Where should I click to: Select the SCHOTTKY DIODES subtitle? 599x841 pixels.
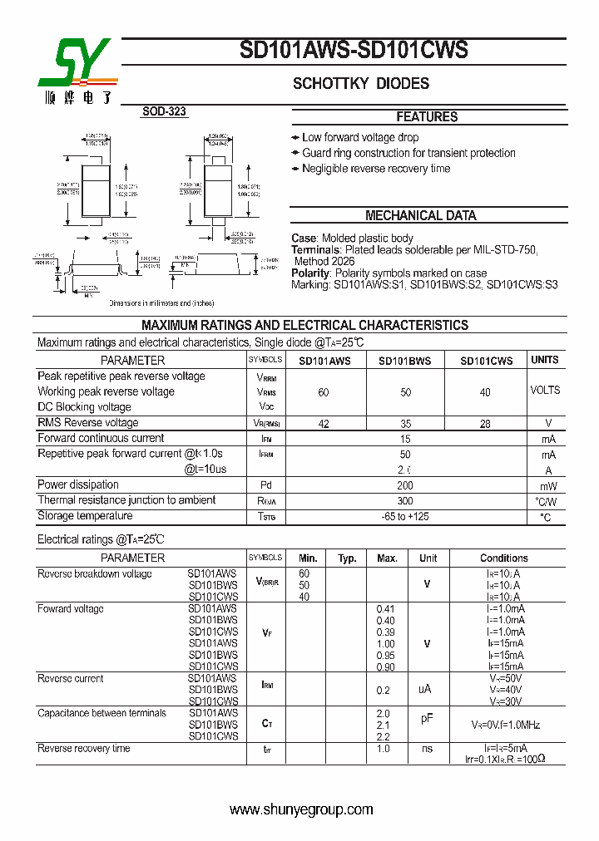(360, 84)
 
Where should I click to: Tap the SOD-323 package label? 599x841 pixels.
(164, 111)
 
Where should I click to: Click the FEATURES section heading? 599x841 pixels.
(427, 117)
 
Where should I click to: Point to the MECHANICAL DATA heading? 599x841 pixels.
(421, 215)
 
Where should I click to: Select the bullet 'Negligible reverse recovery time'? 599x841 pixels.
(375, 169)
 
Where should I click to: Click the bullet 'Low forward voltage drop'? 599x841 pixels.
(359, 138)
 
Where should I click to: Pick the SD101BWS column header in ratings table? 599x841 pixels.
(405, 361)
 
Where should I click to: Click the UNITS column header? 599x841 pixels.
(545, 360)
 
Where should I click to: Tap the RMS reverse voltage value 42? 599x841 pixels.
(324, 424)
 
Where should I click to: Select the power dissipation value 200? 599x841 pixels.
(405, 485)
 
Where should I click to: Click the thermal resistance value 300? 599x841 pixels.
(405, 501)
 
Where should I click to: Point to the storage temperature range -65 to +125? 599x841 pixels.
(405, 517)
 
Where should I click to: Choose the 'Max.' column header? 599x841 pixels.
(387, 558)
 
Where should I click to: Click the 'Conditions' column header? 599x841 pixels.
(503, 558)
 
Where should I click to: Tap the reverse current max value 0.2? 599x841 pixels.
(384, 690)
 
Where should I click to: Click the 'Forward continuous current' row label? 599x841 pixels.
(101, 439)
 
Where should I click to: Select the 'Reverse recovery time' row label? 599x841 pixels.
(84, 749)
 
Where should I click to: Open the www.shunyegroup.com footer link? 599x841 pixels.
(301, 809)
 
